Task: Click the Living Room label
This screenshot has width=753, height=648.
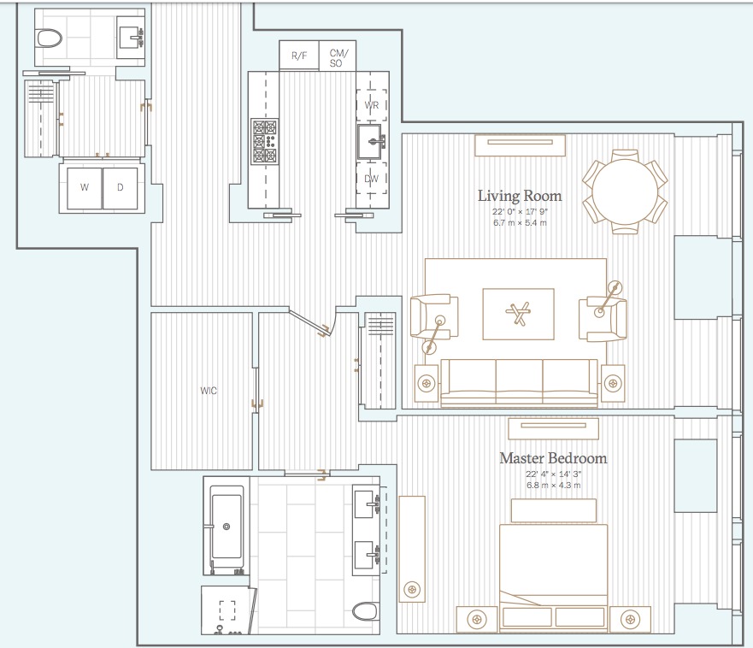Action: [x=520, y=196]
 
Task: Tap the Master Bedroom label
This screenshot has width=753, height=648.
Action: [x=553, y=458]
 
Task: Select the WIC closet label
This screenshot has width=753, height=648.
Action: [x=209, y=391]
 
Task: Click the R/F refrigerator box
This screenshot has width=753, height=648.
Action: [x=299, y=56]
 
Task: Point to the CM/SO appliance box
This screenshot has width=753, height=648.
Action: [x=338, y=56]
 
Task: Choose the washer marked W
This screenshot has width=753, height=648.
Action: [x=84, y=186]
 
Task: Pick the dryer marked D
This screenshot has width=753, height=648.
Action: [x=121, y=186]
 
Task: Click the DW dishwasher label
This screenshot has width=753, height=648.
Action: [x=372, y=179]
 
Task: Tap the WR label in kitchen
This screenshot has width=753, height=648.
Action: [x=372, y=105]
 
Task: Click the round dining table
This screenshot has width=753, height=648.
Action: [x=625, y=191]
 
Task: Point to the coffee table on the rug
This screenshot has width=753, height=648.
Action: [x=518, y=314]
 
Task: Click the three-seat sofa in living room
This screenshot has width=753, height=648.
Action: [x=519, y=381]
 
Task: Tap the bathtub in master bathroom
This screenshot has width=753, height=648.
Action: [x=226, y=528]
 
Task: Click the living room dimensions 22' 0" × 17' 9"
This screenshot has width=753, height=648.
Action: [x=520, y=212]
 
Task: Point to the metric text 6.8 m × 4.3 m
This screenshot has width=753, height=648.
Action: [x=553, y=485]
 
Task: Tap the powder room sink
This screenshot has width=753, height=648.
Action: [x=132, y=37]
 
